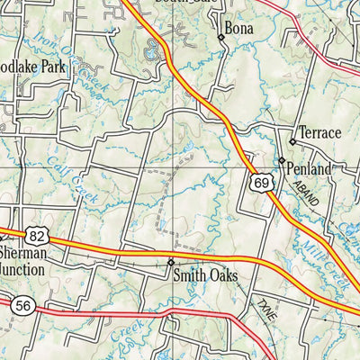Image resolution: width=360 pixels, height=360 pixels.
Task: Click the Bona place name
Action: pyautogui.click(x=239, y=29)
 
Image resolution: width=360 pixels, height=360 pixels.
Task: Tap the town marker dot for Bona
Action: pyautogui.click(x=220, y=38)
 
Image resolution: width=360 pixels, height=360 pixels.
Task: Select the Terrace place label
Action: pyautogui.click(x=319, y=133)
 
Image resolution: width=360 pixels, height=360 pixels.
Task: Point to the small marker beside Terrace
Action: pyautogui.click(x=292, y=142)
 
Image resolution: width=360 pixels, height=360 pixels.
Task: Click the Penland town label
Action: pyautogui.click(x=310, y=168)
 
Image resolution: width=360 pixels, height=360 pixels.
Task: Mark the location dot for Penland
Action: pyautogui.click(x=281, y=160)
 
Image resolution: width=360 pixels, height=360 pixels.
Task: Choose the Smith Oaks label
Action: pyautogui.click(x=205, y=276)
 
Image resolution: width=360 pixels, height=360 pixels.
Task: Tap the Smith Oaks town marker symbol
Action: pyautogui.click(x=171, y=262)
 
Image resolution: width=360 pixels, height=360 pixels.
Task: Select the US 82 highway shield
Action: pyautogui.click(x=36, y=235)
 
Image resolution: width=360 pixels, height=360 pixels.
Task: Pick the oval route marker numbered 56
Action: pyautogui.click(x=22, y=307)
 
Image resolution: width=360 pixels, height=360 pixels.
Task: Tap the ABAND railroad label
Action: pyautogui.click(x=307, y=194)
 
